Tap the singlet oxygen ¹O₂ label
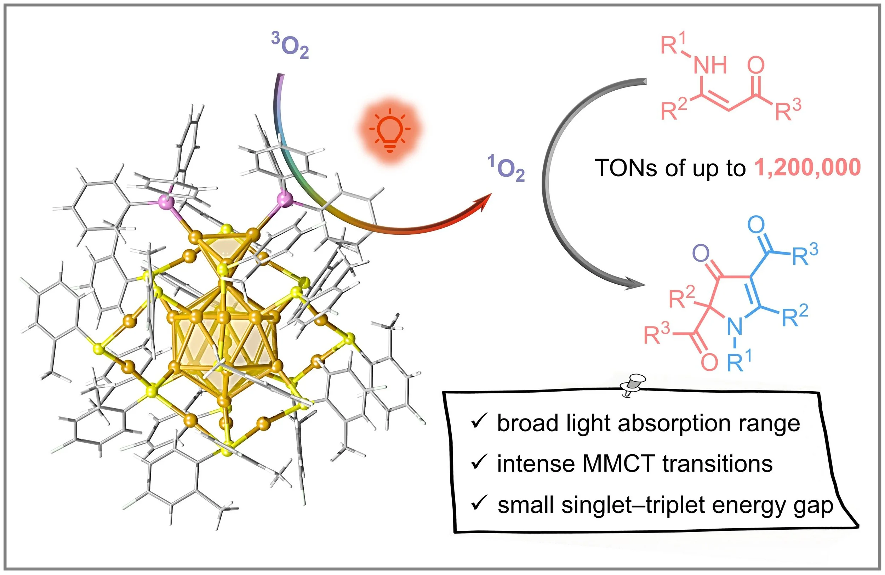[506, 169]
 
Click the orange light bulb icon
[390, 131]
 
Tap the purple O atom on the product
[701, 254]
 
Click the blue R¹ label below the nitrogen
[740, 361]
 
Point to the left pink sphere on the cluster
[165, 203]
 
